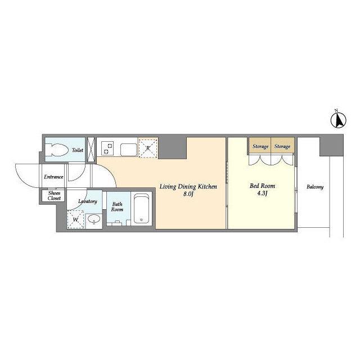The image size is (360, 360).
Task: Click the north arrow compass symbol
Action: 339,119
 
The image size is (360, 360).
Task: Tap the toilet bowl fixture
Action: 57,150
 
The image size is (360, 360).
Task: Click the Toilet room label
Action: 78,150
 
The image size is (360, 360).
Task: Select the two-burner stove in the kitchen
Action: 107,148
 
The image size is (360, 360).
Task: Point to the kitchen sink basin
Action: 129,150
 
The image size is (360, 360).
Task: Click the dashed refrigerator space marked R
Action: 148,148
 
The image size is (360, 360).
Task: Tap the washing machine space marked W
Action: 75,219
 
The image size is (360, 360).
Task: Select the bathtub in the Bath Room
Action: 141,209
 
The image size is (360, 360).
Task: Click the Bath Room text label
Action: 117,206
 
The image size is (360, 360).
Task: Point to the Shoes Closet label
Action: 55,196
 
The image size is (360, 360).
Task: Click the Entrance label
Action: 53,177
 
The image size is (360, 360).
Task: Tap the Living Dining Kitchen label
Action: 188,186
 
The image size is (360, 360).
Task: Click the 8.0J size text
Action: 188,194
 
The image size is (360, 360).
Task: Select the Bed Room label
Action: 262,186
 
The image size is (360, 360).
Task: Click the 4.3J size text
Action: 262,193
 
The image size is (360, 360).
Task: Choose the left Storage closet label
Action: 260,146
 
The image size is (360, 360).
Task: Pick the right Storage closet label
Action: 282,146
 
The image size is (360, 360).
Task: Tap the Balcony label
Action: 315,187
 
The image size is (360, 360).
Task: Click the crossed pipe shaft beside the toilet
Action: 91,150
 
